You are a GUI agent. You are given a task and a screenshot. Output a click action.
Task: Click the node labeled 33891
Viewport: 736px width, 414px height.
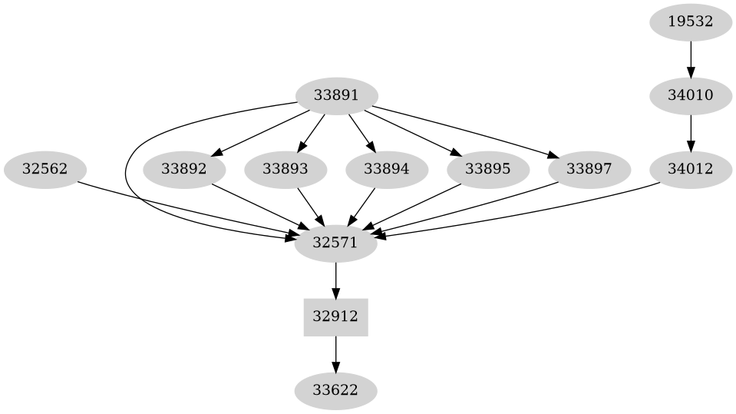tap(336, 96)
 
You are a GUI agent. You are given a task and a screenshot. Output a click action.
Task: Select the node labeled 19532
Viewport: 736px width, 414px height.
tap(691, 22)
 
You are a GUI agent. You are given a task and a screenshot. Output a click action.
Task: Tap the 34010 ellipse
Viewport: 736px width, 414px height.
tap(691, 96)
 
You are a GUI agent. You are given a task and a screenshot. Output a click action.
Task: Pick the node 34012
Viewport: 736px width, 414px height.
tap(691, 169)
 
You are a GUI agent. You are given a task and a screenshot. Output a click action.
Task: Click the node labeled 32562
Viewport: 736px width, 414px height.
tap(45, 169)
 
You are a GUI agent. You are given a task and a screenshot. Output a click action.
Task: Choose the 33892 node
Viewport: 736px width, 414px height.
tap(184, 169)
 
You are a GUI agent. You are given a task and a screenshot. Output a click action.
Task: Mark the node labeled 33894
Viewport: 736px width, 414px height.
tap(386, 169)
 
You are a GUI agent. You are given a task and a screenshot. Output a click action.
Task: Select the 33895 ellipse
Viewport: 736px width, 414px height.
tap(487, 169)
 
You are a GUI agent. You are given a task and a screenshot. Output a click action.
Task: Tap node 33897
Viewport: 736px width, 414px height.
tap(589, 169)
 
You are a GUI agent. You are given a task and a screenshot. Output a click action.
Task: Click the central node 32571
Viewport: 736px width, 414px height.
tap(336, 243)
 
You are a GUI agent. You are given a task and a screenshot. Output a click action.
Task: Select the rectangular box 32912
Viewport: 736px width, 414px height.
tap(336, 316)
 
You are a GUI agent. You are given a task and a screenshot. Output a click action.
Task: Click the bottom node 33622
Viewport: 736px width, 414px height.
tap(336, 391)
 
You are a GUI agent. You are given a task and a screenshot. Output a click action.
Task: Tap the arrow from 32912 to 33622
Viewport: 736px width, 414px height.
tap(336, 354)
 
